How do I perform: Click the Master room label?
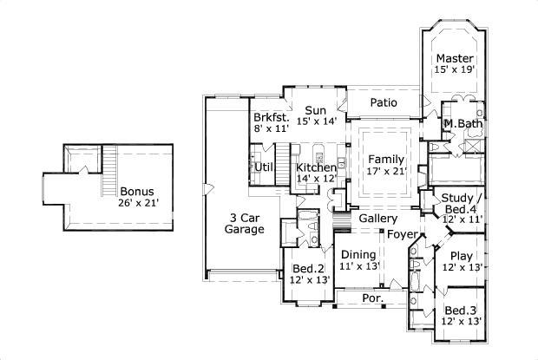(455, 58)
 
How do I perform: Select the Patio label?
(384, 102)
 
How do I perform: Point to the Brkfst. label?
(270, 116)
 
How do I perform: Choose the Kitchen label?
(315, 167)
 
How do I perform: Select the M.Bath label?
(463, 124)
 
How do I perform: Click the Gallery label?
(378, 219)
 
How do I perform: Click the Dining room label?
(359, 254)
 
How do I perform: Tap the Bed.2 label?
(307, 268)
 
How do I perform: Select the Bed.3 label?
(460, 311)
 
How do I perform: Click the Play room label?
(460, 256)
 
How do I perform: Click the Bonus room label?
(138, 192)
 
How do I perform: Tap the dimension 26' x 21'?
(138, 204)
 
